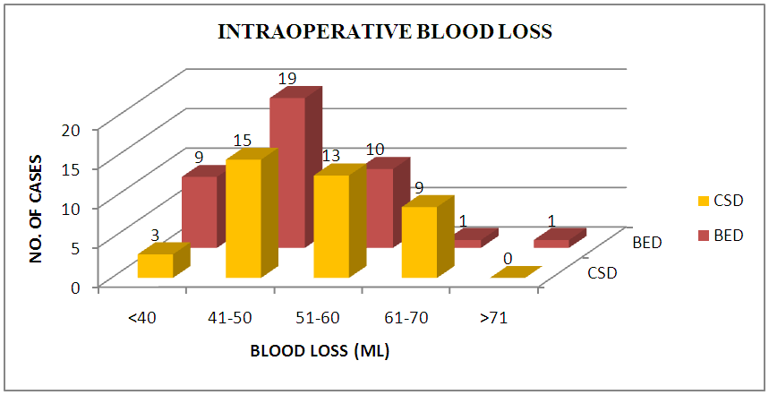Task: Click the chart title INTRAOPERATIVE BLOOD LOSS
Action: pyautogui.click(x=386, y=33)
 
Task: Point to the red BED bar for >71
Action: pyautogui.click(x=551, y=243)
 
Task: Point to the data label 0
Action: pyautogui.click(x=508, y=259)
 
